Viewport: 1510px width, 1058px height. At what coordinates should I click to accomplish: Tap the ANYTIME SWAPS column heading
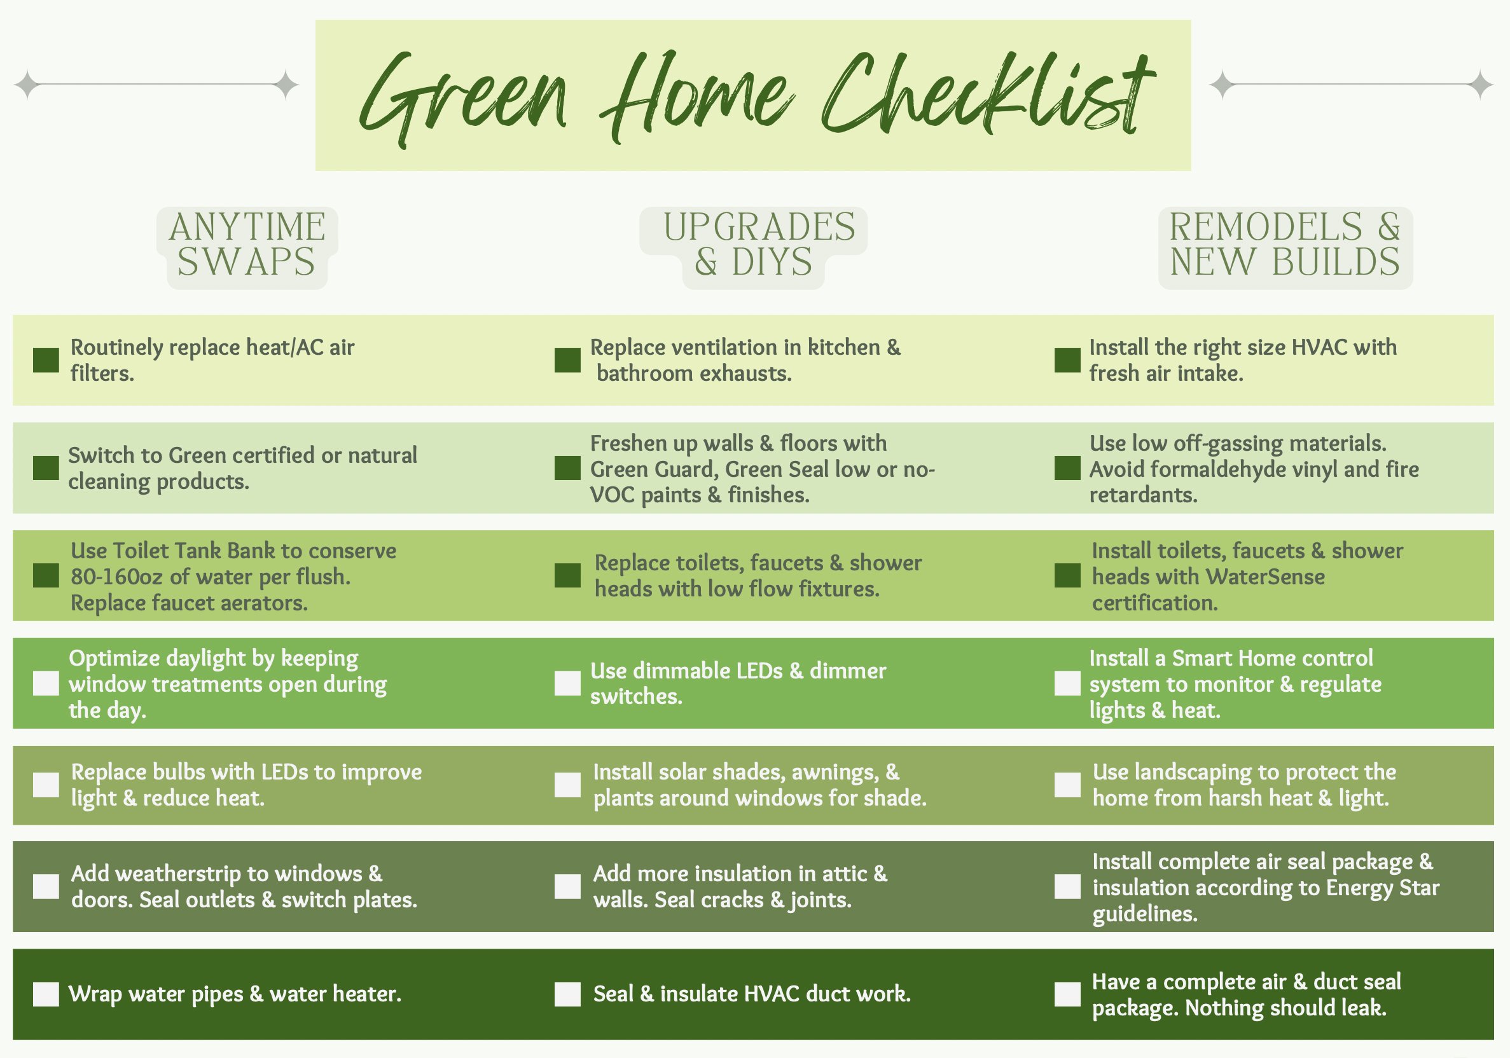pyautogui.click(x=247, y=244)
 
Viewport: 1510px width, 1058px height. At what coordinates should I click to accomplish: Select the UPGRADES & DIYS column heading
pyautogui.click(x=759, y=244)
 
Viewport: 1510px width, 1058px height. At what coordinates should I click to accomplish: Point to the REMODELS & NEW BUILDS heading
pyautogui.click(x=1285, y=244)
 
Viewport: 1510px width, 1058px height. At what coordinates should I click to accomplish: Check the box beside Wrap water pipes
pyautogui.click(x=46, y=994)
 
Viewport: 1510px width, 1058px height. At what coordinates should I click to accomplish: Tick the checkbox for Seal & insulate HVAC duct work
pyautogui.click(x=567, y=994)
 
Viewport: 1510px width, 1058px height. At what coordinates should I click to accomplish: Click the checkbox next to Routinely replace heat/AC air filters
pyautogui.click(x=46, y=361)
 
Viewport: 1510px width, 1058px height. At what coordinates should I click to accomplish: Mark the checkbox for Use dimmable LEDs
pyautogui.click(x=567, y=684)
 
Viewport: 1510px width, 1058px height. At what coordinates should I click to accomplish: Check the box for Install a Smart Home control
pyautogui.click(x=1067, y=684)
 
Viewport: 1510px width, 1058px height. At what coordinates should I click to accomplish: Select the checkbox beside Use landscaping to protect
pyautogui.click(x=1067, y=785)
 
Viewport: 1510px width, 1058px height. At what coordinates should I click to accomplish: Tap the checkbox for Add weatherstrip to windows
pyautogui.click(x=46, y=886)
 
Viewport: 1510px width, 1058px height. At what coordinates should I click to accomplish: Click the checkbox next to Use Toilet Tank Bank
pyautogui.click(x=46, y=575)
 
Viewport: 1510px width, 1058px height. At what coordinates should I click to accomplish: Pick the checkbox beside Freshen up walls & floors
pyautogui.click(x=567, y=468)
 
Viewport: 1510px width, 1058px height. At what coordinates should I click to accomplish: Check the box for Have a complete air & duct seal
pyautogui.click(x=1067, y=994)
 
